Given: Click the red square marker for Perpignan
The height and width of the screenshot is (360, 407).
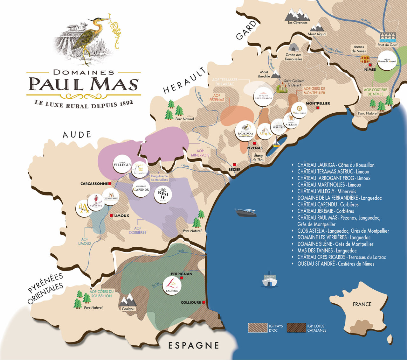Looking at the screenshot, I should (182, 278).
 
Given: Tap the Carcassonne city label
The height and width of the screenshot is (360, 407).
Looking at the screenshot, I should (94, 184).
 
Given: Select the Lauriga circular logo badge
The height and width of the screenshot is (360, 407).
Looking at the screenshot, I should (171, 285).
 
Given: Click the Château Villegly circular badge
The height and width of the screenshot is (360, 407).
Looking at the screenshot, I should (122, 164).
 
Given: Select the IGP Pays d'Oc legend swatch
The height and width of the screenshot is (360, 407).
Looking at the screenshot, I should (258, 328).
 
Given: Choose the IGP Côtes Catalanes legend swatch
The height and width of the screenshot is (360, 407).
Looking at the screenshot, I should (296, 328).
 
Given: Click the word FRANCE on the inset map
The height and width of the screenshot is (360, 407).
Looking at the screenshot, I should (362, 304).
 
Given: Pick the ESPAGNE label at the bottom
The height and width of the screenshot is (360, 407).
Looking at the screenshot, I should (194, 345).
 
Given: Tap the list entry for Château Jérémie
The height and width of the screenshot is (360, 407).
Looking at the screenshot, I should (325, 211).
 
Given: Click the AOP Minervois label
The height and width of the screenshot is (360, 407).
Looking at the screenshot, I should (200, 153).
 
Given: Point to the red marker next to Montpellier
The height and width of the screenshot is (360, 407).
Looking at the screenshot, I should (318, 108).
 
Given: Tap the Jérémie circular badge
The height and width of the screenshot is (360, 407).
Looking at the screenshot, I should (163, 194).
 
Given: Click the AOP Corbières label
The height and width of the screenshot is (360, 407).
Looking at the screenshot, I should (138, 230).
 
